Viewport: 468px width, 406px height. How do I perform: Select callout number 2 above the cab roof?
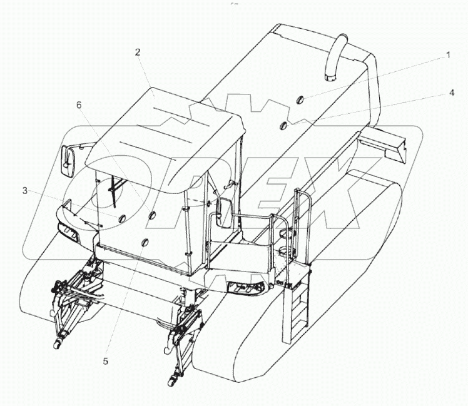click(138, 52)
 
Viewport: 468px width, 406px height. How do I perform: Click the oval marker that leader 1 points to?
click(300, 99)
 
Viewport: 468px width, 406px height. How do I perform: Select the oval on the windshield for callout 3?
click(121, 218)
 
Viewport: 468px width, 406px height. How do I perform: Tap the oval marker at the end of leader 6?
click(151, 215)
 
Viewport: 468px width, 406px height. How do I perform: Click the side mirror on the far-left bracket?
click(68, 161)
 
